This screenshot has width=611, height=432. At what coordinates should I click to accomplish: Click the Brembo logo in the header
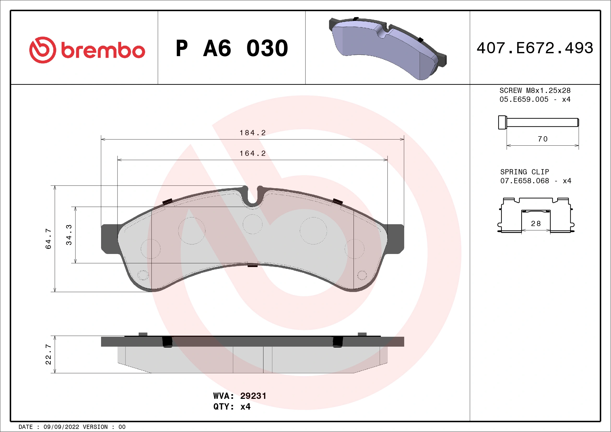click(87, 50)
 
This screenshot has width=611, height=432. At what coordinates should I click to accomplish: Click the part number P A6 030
click(232, 48)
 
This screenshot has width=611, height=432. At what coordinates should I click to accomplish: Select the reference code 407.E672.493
click(535, 48)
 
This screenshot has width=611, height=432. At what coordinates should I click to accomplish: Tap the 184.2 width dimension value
click(252, 133)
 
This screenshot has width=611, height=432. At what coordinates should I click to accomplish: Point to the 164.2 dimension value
click(252, 153)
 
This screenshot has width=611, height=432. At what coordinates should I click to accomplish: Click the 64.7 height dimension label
click(48, 239)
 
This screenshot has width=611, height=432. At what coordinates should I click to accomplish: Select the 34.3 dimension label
click(69, 235)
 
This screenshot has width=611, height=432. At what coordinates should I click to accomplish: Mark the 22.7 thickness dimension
click(48, 354)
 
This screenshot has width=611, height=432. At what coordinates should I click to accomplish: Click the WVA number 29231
click(253, 396)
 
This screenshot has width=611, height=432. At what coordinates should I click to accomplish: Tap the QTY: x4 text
click(232, 406)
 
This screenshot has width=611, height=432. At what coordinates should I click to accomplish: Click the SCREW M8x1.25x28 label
click(535, 90)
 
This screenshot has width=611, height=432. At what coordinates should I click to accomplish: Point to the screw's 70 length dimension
click(543, 139)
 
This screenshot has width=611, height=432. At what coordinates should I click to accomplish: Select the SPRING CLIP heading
click(525, 172)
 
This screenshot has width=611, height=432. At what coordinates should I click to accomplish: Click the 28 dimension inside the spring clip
click(536, 224)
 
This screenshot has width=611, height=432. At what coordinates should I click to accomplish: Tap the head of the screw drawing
click(502, 122)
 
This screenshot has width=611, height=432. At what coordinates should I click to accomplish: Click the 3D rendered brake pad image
click(387, 48)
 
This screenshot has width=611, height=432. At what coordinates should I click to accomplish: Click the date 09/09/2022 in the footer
click(61, 427)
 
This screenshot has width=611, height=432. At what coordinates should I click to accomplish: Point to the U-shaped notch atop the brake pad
click(252, 197)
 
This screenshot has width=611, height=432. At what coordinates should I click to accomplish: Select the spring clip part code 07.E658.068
click(525, 181)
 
